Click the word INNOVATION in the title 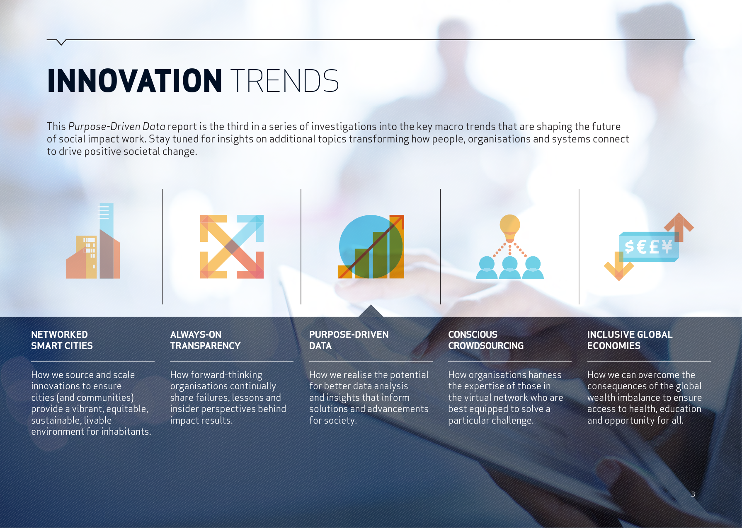135,81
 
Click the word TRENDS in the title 285,81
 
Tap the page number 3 693,494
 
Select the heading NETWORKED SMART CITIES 62,340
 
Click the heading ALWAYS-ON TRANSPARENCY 205,340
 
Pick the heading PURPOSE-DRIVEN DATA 349,340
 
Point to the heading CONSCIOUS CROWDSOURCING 486,340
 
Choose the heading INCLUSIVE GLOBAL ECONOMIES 630,340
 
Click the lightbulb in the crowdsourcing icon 510,227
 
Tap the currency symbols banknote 648,247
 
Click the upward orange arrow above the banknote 679,226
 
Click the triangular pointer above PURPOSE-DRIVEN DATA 371,311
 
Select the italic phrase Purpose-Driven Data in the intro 117,127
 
